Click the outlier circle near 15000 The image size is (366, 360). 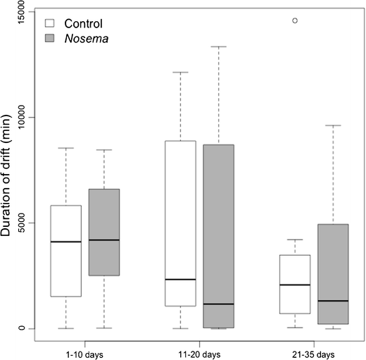pos(295,20)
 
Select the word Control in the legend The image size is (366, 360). pos(83,23)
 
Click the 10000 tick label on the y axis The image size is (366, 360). pos(26,117)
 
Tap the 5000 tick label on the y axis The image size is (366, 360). pos(26,223)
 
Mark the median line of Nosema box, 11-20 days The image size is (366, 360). pos(218,304)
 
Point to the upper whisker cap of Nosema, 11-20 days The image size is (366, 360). pos(218,46)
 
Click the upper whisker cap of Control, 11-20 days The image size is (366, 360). pos(180,72)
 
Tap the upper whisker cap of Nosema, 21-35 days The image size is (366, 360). pos(333,125)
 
